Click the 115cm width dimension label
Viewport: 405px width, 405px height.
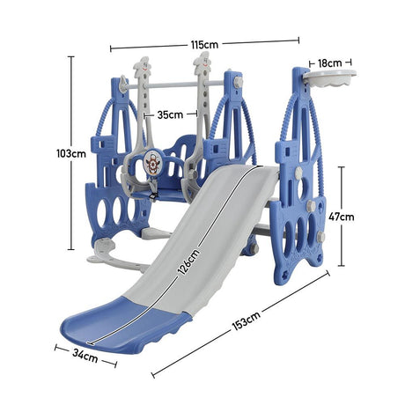point(204,45)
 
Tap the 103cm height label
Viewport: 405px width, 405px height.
point(71,153)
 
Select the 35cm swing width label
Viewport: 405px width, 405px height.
point(170,114)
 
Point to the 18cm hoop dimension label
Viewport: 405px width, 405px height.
point(330,63)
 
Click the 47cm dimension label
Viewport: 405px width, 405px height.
point(342,217)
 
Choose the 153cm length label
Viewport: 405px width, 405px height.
point(247,320)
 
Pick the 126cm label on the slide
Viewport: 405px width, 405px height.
point(189,261)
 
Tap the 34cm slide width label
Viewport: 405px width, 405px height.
point(85,356)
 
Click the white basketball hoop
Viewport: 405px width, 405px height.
point(329,77)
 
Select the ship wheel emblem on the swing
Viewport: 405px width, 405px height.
point(151,163)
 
